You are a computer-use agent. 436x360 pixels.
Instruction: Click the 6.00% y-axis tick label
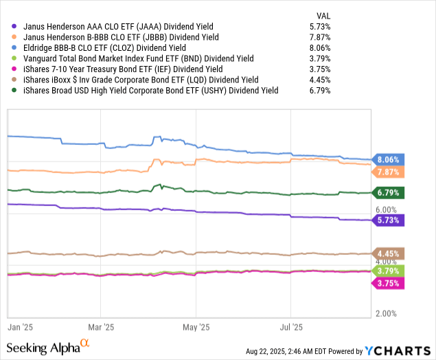click(387, 210)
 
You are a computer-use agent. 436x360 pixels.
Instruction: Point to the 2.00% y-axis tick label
click(387, 314)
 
